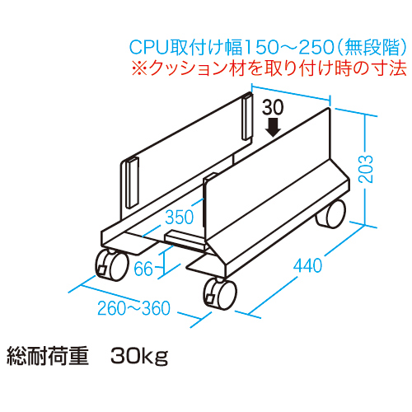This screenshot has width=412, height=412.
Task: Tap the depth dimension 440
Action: [x=307, y=265]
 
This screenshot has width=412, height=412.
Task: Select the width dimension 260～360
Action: [x=134, y=309]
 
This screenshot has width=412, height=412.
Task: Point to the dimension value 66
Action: [x=144, y=269]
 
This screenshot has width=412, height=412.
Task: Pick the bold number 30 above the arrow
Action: [x=273, y=107]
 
